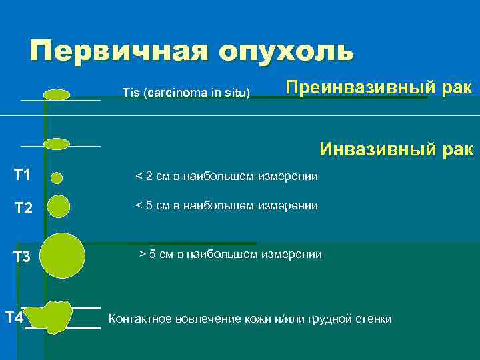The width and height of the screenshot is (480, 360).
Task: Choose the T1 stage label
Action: tap(22, 175)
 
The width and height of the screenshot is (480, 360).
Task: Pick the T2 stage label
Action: tap(23, 209)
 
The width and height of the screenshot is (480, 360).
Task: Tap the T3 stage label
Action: tap(23, 257)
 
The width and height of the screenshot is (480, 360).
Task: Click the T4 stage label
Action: tap(14, 317)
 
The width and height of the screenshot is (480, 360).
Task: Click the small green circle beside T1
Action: tap(57, 177)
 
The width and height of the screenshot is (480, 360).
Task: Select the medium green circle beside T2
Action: tap(59, 207)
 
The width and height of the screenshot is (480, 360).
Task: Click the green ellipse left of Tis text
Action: tap(57, 95)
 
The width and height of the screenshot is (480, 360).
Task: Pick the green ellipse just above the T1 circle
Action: tap(57, 144)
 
